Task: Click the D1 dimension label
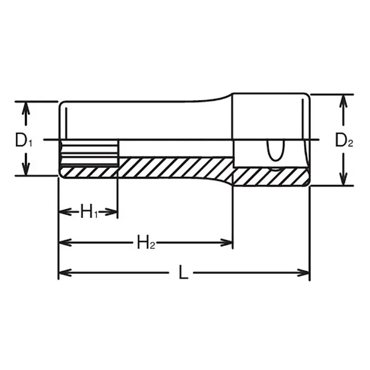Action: click(24, 140)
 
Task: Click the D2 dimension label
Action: click(344, 140)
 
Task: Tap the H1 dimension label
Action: click(89, 212)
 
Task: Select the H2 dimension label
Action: click(145, 242)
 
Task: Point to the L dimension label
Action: click(184, 273)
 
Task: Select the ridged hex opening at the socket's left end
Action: click(89, 154)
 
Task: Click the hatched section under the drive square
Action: click(271, 177)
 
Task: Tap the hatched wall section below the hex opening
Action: click(89, 172)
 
